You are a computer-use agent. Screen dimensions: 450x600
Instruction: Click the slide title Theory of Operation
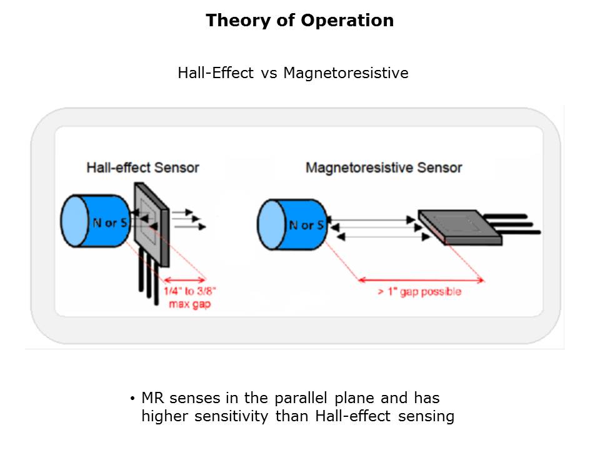coord(299,21)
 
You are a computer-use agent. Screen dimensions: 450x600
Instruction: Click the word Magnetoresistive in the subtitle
coord(346,73)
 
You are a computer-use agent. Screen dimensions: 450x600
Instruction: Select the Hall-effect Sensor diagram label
coord(142,167)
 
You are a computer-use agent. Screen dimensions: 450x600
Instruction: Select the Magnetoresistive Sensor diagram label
coord(383,167)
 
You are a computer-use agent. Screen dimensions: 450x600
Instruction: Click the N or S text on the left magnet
coord(111,223)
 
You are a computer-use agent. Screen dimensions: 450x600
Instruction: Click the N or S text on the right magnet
coord(306,225)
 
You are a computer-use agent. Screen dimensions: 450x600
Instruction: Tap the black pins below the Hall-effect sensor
coord(147,281)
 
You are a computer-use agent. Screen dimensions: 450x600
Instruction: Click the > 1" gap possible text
coord(419,292)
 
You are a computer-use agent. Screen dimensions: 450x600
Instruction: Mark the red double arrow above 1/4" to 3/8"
coord(184,280)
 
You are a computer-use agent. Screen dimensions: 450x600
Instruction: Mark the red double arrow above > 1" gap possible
coord(420,279)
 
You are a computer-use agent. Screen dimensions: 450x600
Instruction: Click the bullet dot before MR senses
coord(132,399)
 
